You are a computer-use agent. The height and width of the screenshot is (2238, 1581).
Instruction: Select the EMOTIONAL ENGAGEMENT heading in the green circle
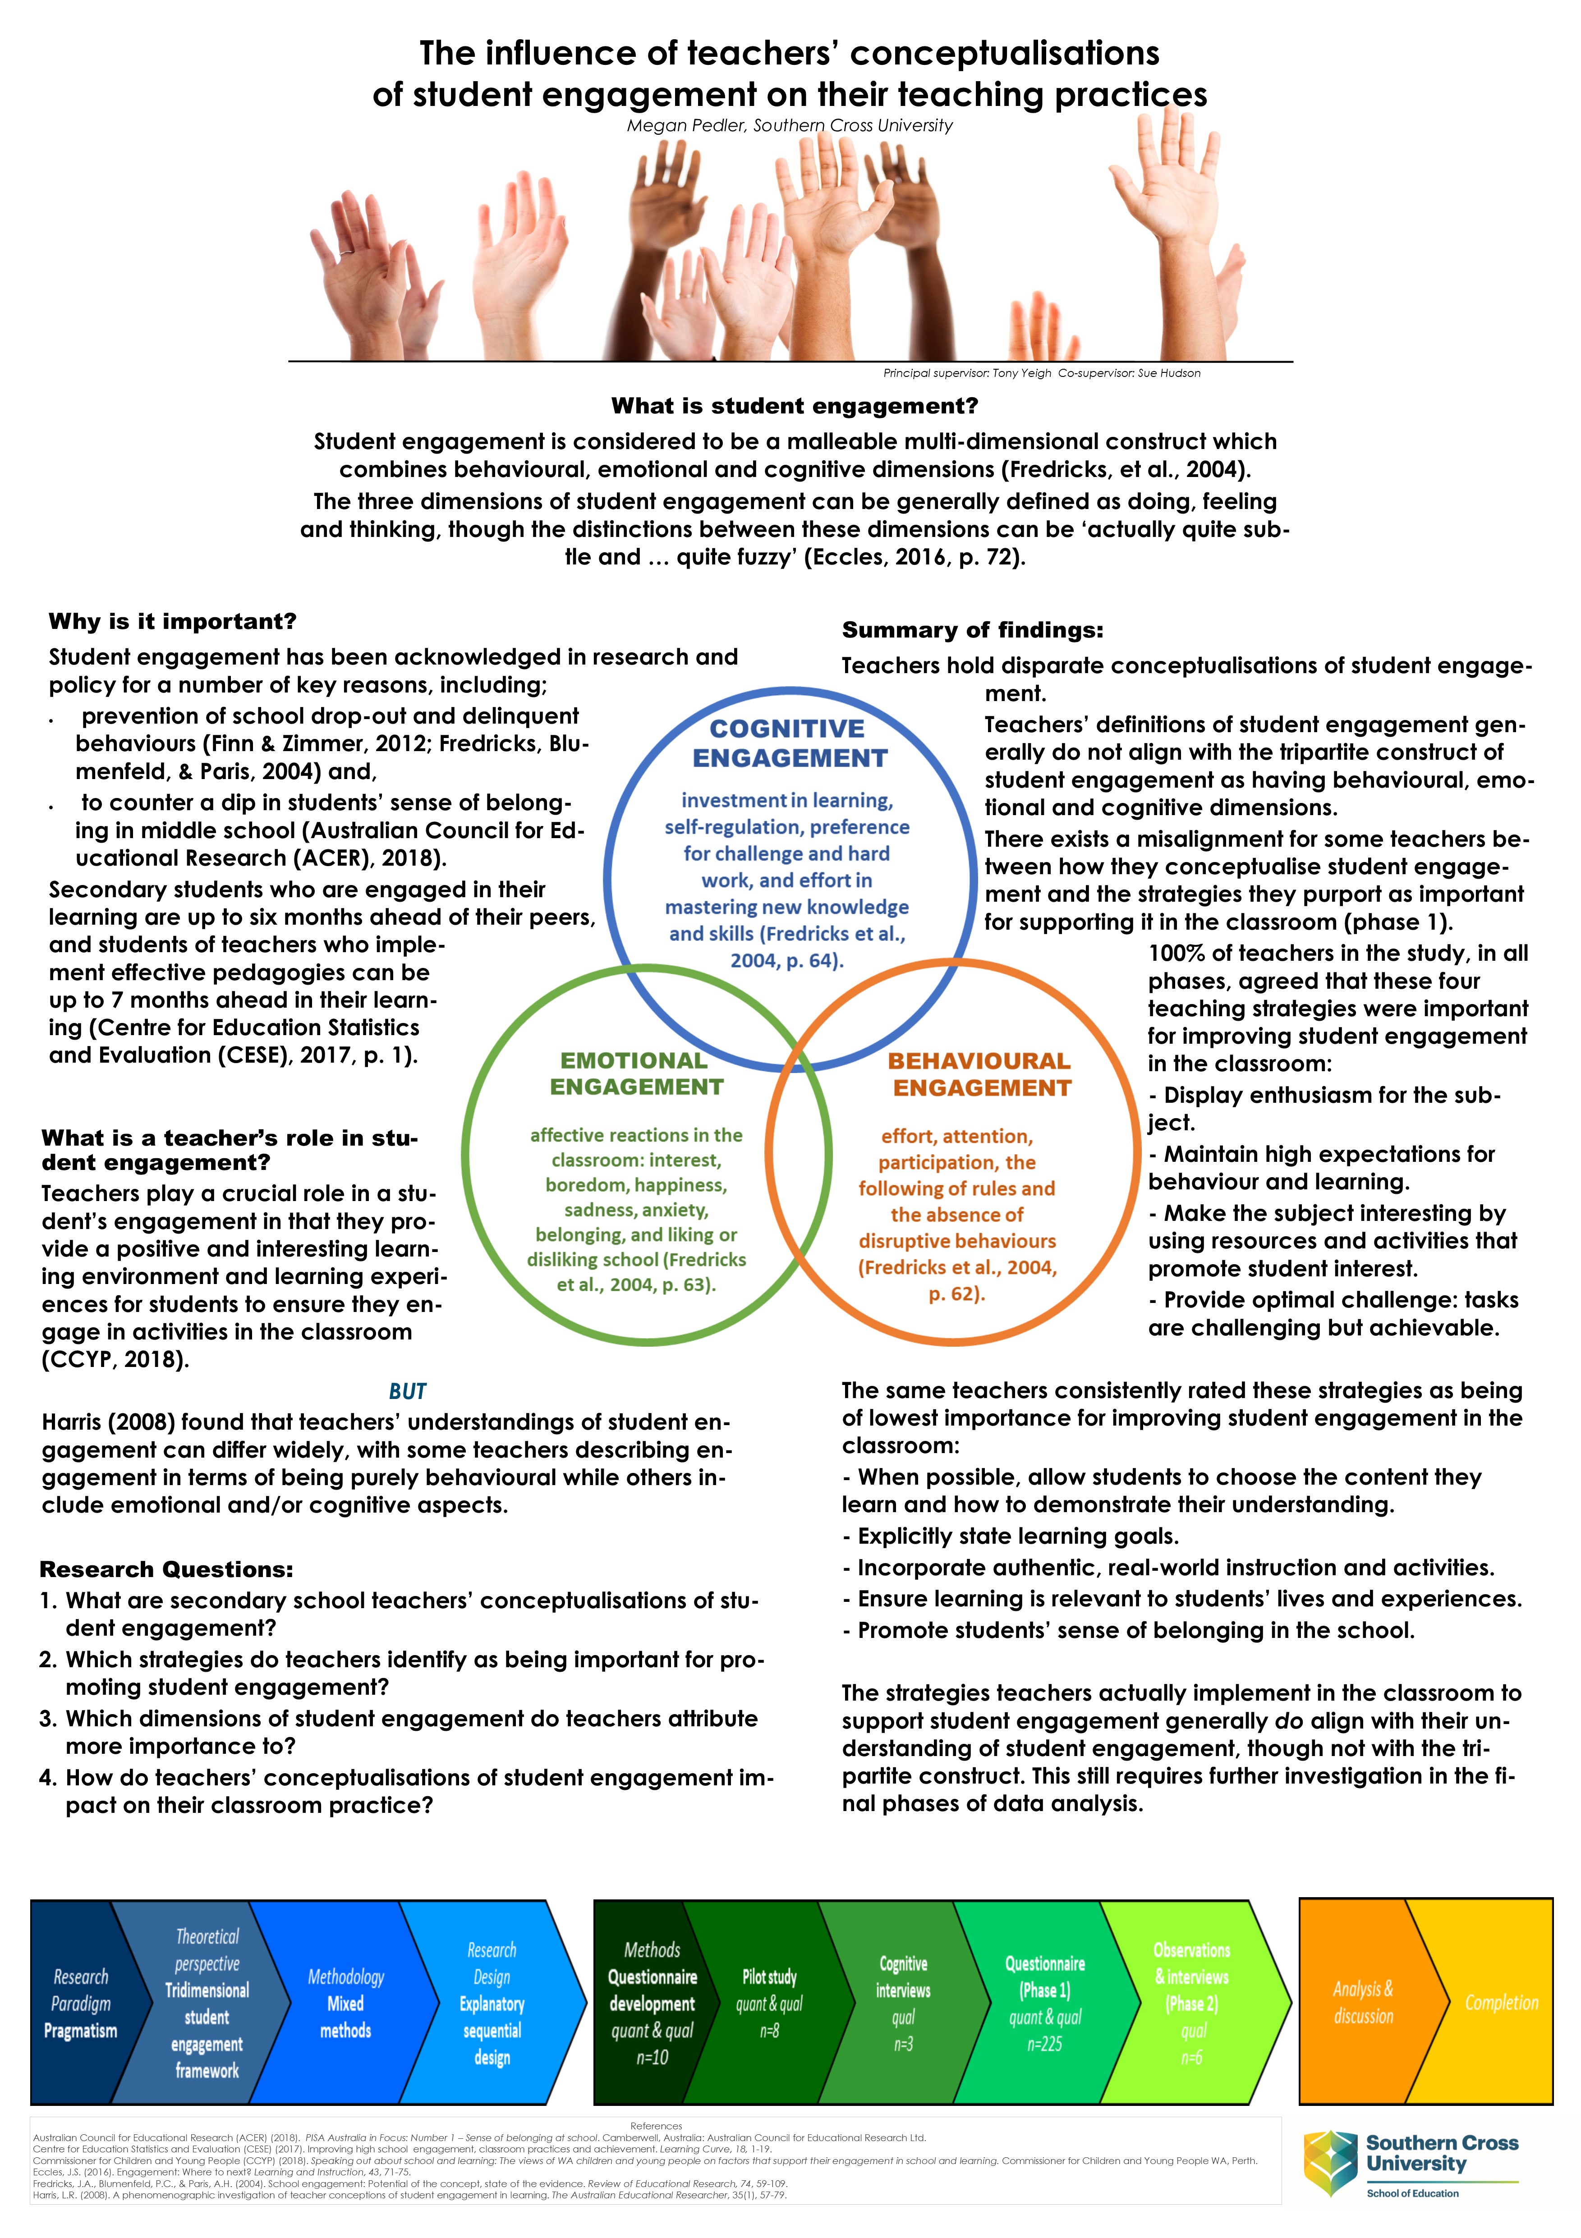(x=635, y=1073)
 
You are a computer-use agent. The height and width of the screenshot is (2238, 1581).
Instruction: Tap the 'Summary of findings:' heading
(x=972, y=631)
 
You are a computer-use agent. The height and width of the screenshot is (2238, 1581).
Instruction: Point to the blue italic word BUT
(x=408, y=1391)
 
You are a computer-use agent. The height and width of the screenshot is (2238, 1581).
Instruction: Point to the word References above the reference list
(x=656, y=2126)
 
